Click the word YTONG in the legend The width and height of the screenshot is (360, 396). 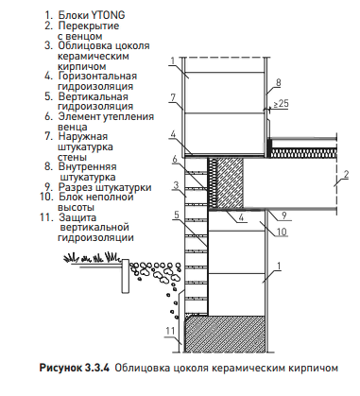(104, 15)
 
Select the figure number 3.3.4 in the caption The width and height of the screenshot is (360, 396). (96, 368)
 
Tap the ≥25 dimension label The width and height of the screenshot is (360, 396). (281, 103)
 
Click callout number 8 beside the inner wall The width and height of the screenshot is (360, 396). (278, 83)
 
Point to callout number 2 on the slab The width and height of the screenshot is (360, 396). (346, 175)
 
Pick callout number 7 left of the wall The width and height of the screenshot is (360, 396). (173, 97)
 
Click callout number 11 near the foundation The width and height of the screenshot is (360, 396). (170, 331)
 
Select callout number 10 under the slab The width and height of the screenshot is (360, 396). (282, 232)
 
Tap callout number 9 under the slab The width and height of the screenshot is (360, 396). (283, 215)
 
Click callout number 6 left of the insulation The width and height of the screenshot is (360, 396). (175, 160)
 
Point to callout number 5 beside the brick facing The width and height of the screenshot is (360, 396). (177, 215)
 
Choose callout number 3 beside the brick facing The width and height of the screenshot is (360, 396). (176, 185)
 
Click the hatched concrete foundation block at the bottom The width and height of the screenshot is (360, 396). (225, 334)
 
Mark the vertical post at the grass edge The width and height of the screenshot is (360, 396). (126, 276)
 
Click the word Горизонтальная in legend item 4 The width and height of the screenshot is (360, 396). (97, 77)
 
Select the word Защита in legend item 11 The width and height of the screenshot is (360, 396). (77, 217)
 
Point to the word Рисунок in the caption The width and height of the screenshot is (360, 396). (60, 368)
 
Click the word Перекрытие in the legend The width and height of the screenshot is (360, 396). (89, 26)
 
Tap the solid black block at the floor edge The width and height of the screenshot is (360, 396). (269, 147)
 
